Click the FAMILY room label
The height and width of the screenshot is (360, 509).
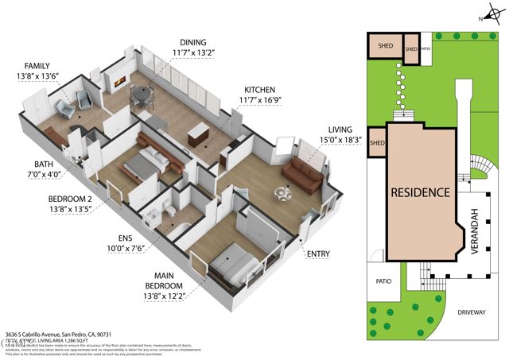37,66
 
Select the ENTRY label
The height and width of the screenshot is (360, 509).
318,253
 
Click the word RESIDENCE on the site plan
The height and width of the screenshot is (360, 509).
419,192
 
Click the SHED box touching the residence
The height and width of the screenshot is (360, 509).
377,143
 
